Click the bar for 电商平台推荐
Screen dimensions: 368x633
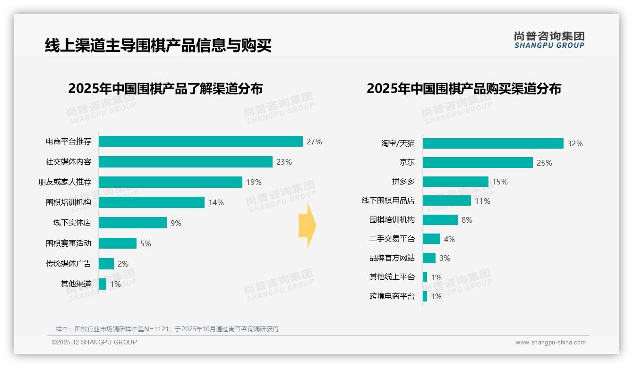(200, 142)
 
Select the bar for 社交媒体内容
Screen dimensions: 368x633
(185, 162)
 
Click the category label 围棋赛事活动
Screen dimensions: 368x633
(68, 243)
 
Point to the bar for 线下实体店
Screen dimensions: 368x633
(133, 223)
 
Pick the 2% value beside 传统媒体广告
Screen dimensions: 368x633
(123, 264)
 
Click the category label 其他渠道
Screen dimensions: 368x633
(76, 284)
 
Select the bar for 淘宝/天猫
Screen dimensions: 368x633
(493, 143)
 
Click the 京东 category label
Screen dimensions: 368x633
(407, 162)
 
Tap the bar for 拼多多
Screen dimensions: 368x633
(455, 182)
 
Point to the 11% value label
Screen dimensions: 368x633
(482, 201)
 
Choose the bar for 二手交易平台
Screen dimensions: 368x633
(431, 239)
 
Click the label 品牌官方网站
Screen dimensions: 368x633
(392, 258)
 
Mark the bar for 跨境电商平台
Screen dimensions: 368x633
(425, 296)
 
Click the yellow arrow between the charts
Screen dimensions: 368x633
(308, 226)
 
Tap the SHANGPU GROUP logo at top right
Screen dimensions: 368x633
(549, 40)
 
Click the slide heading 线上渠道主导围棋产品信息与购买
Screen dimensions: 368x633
(158, 45)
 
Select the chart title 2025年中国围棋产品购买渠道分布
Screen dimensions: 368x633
(463, 89)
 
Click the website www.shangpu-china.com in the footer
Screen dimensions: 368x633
(550, 343)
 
